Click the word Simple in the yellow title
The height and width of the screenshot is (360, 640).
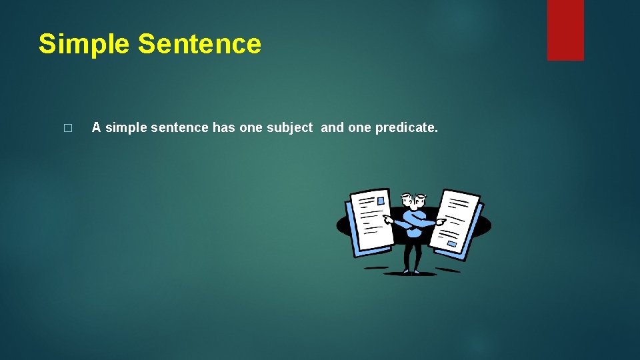tap(84, 44)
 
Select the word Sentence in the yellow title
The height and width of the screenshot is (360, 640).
tap(199, 44)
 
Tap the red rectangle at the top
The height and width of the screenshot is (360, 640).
tap(565, 30)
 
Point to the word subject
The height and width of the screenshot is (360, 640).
tap(289, 127)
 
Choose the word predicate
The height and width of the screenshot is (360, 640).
tap(407, 127)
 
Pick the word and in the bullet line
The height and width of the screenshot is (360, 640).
tap(333, 127)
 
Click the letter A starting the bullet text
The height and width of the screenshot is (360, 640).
tap(96, 127)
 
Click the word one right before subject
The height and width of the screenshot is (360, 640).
tap(251, 127)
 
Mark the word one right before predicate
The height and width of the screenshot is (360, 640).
tap(360, 127)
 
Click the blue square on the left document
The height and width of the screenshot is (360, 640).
tap(382, 199)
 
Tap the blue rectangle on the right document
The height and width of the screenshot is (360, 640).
tap(452, 245)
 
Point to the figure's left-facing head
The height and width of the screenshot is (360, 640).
tap(406, 199)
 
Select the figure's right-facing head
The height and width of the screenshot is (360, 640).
tap(419, 199)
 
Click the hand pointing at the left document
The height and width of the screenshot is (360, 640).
tap(388, 218)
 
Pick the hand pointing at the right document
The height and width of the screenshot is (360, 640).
tap(440, 221)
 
